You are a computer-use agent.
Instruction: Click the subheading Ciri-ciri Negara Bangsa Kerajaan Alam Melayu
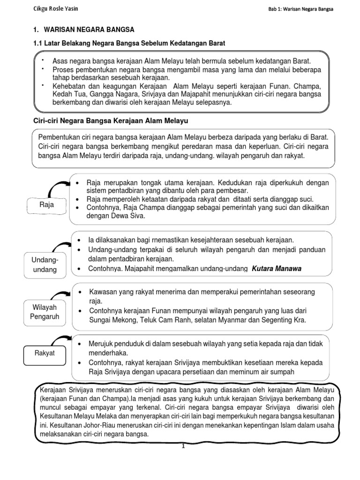click(110, 120)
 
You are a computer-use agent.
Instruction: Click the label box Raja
click(46, 205)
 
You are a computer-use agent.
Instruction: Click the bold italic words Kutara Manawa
click(277, 269)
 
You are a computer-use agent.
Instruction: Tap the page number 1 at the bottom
click(184, 446)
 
